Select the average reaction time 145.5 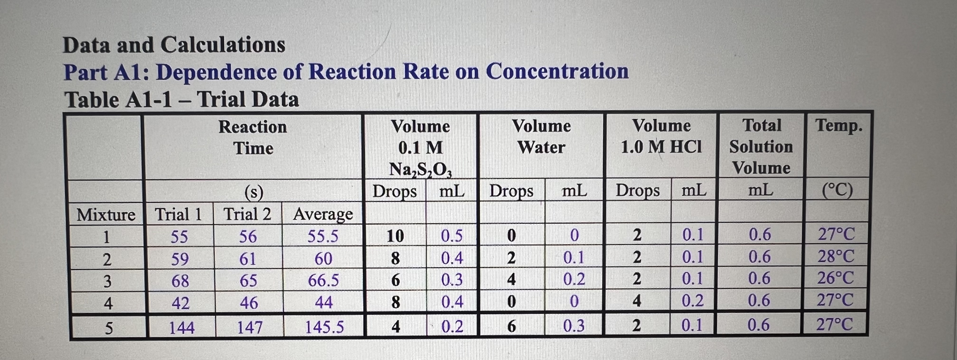pos(324,327)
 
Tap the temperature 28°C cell pos(836,256)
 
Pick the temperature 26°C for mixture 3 pos(835,278)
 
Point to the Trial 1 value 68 pos(180,281)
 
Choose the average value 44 pos(324,302)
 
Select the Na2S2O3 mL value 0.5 pos(452,236)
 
